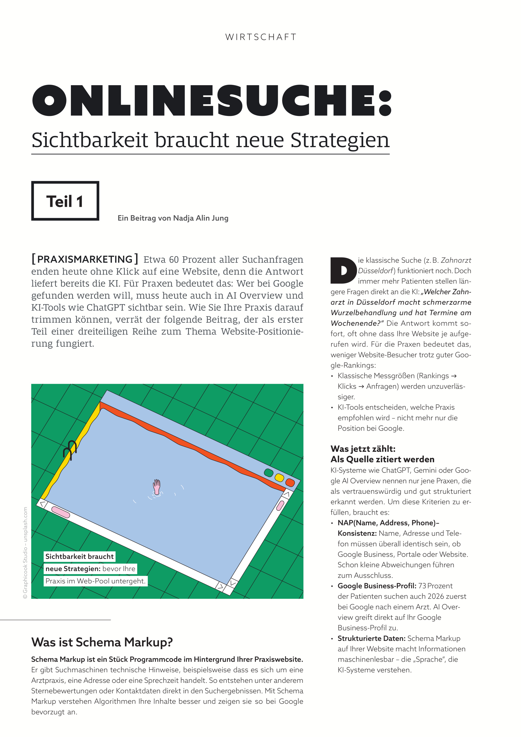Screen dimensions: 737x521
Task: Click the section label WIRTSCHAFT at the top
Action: click(261, 37)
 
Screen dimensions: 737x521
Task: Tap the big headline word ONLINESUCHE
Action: click(212, 101)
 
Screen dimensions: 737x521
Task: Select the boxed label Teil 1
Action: click(65, 201)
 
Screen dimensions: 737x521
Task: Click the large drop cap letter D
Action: click(343, 270)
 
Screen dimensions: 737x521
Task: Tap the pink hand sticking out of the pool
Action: click(157, 487)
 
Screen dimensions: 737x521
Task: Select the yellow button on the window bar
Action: click(279, 478)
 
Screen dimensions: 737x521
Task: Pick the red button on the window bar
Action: click(290, 482)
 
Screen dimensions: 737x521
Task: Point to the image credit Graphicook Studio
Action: click(25, 552)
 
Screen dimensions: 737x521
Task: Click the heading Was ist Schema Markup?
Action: click(102, 642)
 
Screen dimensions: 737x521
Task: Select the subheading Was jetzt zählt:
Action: click(363, 449)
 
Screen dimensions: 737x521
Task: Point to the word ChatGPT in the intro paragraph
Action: click(106, 307)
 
